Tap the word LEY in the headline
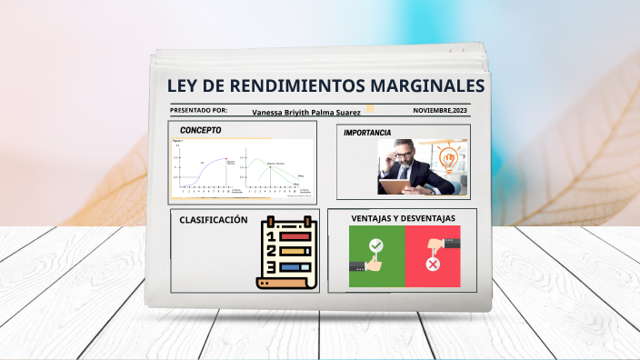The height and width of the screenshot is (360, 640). (185, 86)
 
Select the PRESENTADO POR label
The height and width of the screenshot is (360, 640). (198, 110)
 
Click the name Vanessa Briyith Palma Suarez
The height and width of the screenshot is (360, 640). (306, 112)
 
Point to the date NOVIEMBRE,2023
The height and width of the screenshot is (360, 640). (441, 110)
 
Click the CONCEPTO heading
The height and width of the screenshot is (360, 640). (200, 130)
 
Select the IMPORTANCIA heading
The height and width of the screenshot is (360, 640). (367, 133)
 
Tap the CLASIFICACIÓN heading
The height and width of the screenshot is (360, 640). (214, 220)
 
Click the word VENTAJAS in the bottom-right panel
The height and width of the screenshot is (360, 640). (369, 218)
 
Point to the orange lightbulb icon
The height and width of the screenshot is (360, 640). (447, 157)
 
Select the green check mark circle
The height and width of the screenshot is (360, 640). (376, 245)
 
